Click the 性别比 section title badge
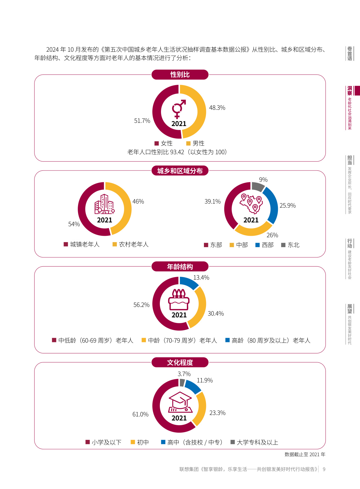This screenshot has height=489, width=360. coord(180,75)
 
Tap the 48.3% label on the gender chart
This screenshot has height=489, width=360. coord(217,108)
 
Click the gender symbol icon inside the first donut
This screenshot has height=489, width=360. coord(178,109)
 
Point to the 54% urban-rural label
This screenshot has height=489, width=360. coord(74,224)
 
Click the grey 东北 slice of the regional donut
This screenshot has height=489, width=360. coord(257,186)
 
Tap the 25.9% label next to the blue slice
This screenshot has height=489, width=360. coord(287,206)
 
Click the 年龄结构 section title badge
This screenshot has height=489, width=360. coord(180,267)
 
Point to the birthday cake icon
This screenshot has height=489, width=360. coord(179,300)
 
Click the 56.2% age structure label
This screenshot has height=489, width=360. coord(141,305)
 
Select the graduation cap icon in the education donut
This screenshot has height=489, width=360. coord(180,402)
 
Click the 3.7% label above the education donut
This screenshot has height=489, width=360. coord(184,374)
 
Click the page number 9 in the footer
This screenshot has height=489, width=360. coord(324,469)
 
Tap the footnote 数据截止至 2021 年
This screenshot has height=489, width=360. coord(305,454)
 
